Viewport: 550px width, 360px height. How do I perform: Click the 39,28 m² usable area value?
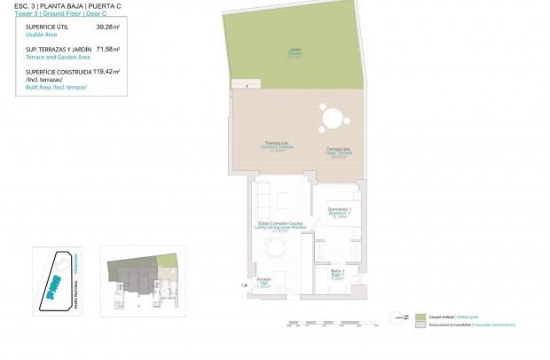click(107, 27)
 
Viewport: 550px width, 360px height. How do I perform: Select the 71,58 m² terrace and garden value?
click(107, 50)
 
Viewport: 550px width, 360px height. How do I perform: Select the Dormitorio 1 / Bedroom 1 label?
click(338, 213)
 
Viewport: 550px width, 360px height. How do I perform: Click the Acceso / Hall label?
click(263, 283)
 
